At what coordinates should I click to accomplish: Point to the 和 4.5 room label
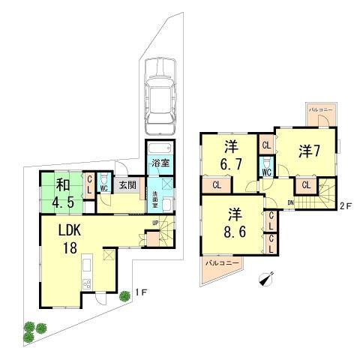61,193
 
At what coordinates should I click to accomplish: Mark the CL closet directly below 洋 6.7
217,184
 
